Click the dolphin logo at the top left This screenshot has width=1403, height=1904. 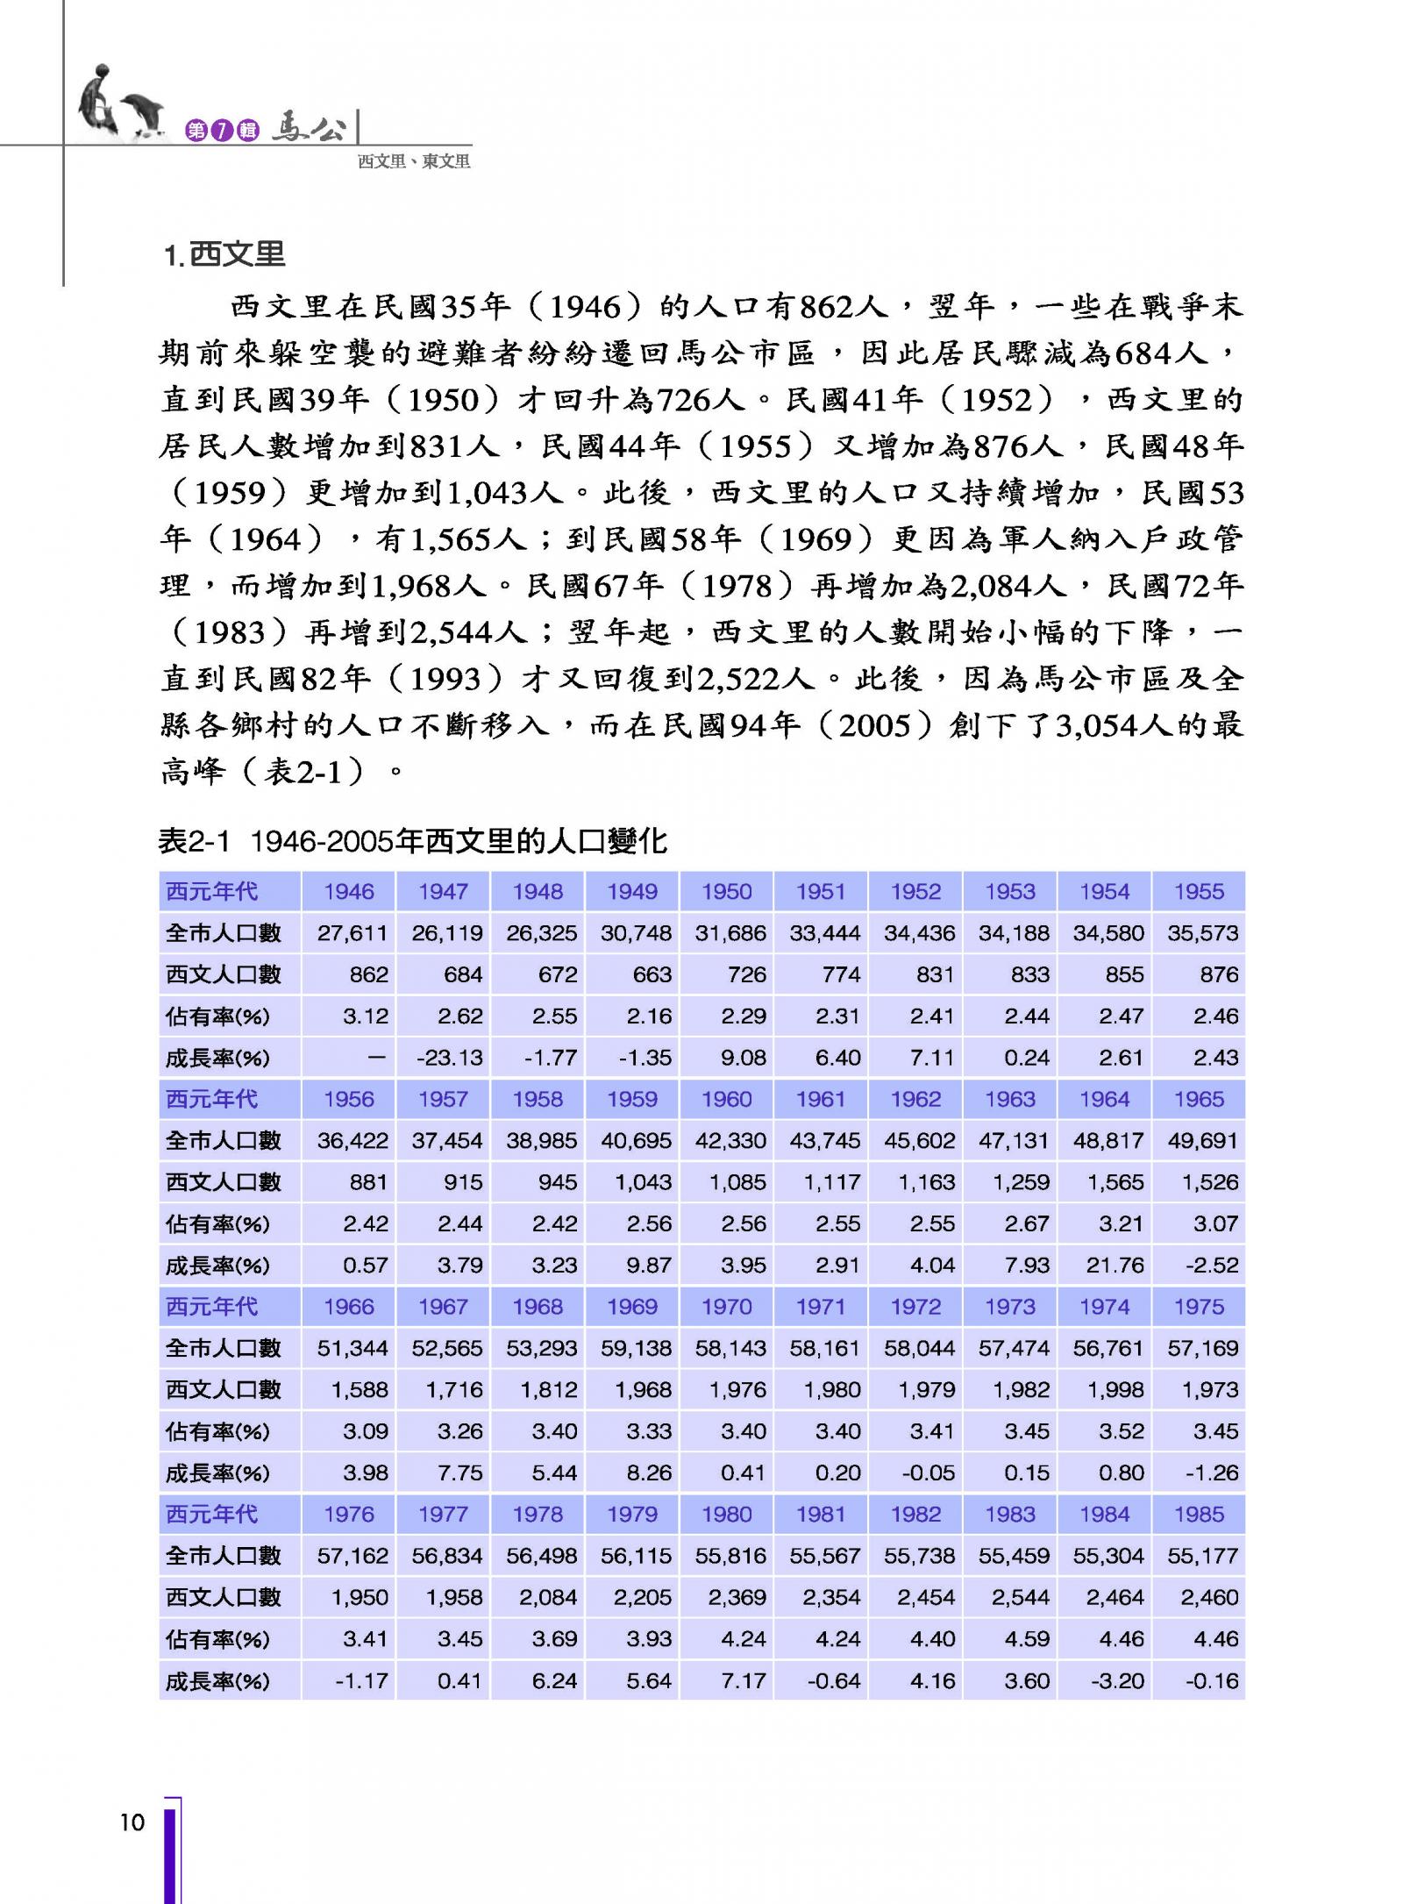118,104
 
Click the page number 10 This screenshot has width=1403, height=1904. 132,1823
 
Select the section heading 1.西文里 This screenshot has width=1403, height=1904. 224,254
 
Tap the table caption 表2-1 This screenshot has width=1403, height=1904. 193,842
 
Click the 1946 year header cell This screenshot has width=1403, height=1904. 348,892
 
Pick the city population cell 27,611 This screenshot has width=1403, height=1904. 352,933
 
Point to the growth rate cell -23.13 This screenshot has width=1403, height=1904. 449,1059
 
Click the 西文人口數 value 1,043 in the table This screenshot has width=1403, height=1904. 643,1183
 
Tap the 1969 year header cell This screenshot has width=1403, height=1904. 631,1308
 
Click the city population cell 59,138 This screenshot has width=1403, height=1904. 636,1349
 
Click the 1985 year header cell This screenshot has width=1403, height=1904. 1199,1515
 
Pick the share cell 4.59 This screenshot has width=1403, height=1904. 1026,1639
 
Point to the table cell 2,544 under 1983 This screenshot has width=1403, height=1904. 1020,1598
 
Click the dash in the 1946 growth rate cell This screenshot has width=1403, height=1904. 376,1059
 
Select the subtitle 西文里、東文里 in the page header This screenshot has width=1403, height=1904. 414,161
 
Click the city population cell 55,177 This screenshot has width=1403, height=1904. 1202,1556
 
